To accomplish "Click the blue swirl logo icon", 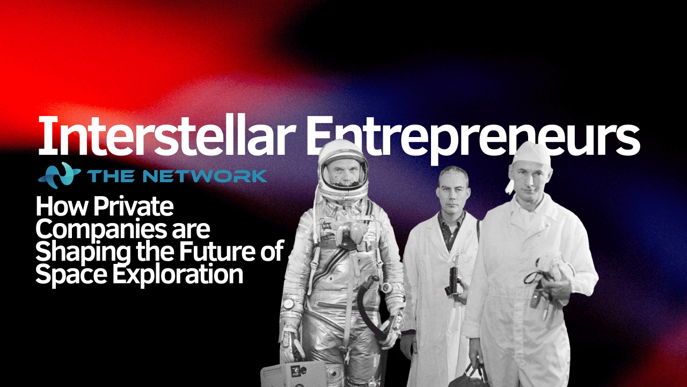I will [x=60, y=174].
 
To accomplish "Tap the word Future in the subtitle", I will [x=230, y=252].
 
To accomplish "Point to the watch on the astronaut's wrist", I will [x=290, y=304].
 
